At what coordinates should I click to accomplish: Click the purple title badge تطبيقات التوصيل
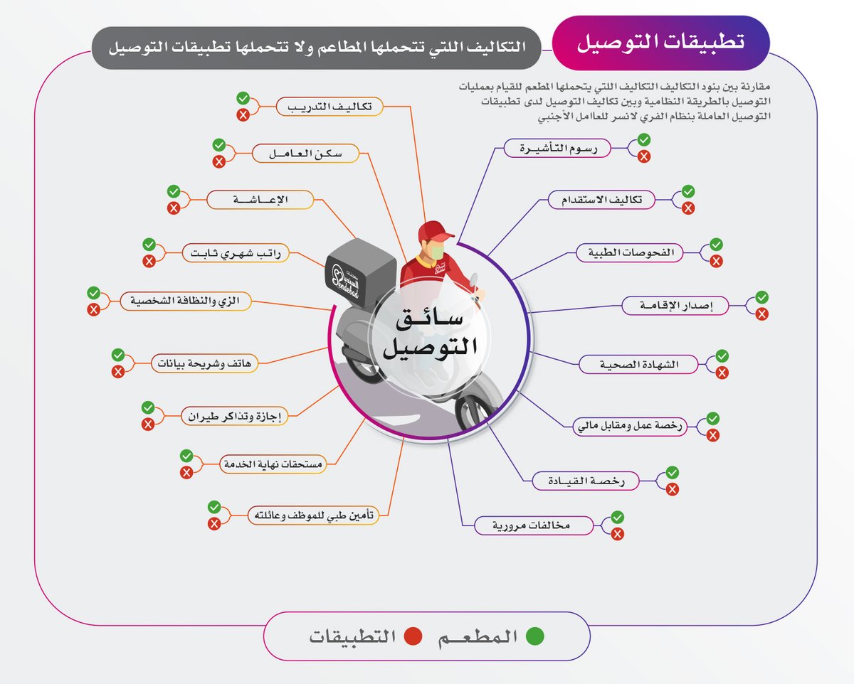[x=661, y=42]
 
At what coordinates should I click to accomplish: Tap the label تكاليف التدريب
[x=330, y=107]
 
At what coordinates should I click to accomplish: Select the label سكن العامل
[x=306, y=154]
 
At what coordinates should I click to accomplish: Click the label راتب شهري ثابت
[x=236, y=253]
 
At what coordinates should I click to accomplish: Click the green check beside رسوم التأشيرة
[x=643, y=139]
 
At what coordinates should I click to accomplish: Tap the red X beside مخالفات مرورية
[x=618, y=535]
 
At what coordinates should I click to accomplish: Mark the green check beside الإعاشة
[x=173, y=191]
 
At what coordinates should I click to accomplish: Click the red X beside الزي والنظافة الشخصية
[x=93, y=310]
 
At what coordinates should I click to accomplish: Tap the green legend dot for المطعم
[x=534, y=636]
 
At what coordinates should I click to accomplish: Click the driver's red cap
[x=434, y=231]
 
